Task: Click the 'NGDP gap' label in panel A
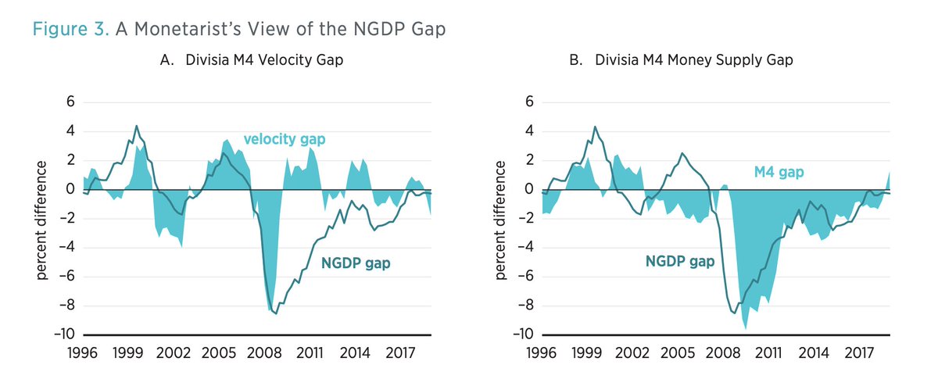356,263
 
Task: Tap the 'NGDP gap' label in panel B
680,261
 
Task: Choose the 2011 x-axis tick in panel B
769,352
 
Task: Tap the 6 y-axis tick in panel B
528,102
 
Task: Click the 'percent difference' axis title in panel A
41,218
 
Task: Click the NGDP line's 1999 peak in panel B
595,127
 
